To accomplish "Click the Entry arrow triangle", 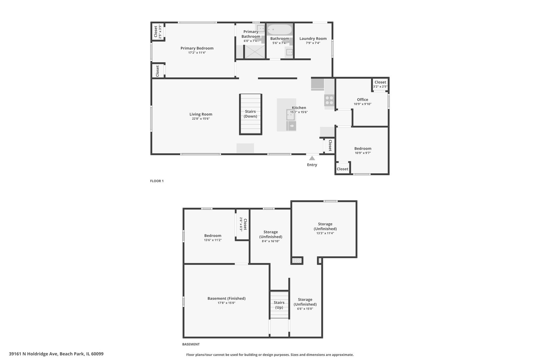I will coord(312,158).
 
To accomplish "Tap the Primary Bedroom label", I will coord(197,48).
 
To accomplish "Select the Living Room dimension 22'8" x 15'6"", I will coord(201,119).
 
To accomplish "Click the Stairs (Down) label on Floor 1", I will coord(250,114).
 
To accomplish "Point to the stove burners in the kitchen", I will coord(329,100).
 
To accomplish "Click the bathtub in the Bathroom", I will coord(279,30).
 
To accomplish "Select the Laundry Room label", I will coord(313,39).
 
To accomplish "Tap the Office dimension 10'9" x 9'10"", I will coord(362,104).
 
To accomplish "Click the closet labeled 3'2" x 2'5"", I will coord(380,84).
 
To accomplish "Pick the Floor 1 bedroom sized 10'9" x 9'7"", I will coord(363,151).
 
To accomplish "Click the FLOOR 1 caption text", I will coord(157,181).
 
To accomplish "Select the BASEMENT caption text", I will coord(191,344).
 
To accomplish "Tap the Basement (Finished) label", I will coord(226,299).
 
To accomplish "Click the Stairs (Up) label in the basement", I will coord(279,305).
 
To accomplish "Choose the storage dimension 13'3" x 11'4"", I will coord(325,233).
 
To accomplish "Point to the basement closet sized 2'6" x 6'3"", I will coord(243,224).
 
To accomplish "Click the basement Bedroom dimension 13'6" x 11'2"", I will coord(213,240).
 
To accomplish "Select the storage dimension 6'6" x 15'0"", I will coord(305,309).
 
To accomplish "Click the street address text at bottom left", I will coord(56,354).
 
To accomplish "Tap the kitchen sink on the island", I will coord(290,114).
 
